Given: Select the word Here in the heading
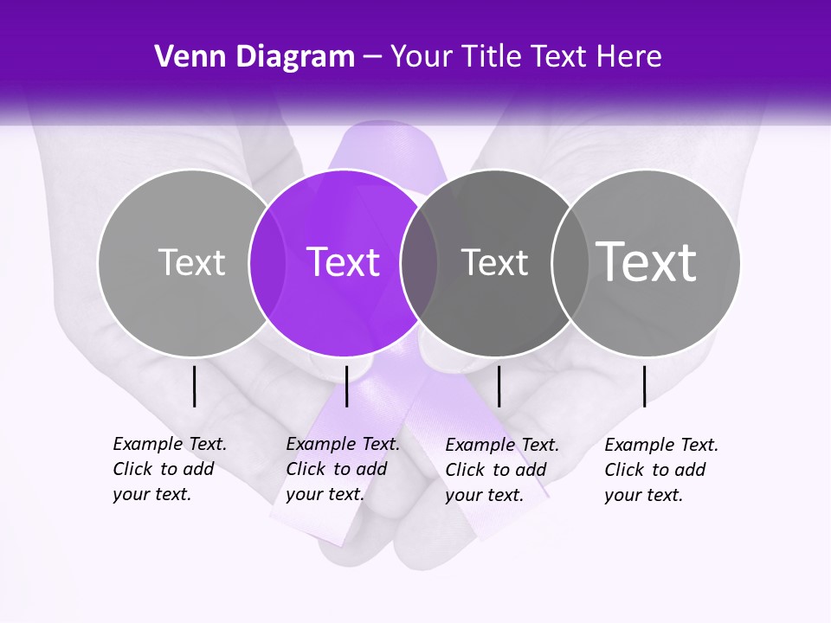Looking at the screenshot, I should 629,57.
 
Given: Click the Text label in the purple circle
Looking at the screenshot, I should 343,262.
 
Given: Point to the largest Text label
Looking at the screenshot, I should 646,261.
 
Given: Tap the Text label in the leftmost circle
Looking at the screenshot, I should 191,262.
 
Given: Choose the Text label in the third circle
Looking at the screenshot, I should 494,262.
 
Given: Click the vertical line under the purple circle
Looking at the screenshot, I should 346,386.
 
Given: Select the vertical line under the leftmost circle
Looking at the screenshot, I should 194,386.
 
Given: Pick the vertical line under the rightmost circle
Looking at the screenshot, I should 644,386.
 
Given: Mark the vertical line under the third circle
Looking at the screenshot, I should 499,386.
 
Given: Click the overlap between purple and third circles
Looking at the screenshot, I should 419,262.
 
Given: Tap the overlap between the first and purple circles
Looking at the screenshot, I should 267,262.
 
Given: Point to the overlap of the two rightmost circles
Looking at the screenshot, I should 569,262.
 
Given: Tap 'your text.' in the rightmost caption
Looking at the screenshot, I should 643,495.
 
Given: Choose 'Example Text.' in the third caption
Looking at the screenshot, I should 502,445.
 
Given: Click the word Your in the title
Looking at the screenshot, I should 422,57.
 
